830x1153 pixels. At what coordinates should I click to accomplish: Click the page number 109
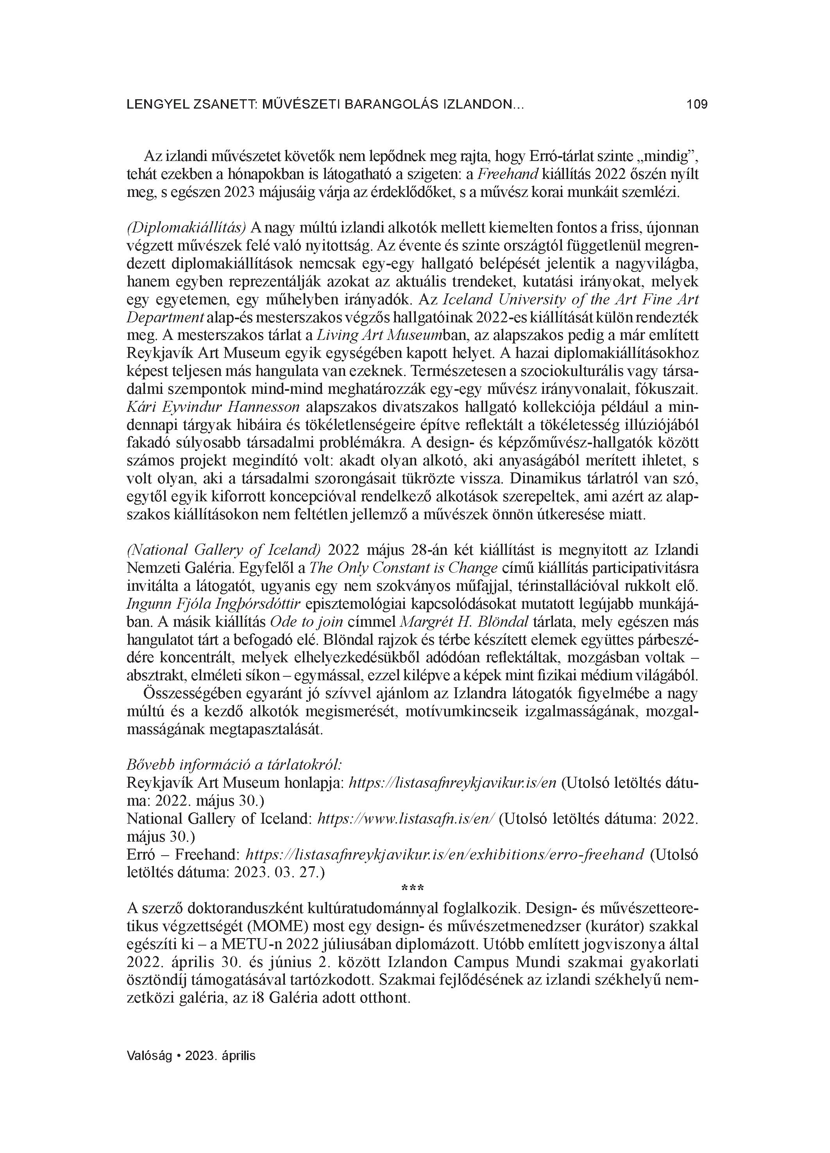(x=697, y=105)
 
